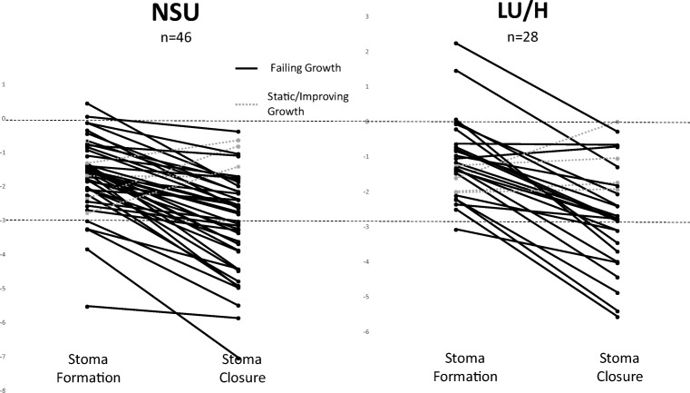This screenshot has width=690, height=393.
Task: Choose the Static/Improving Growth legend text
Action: pos(310,103)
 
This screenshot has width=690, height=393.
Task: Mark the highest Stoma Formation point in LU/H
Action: pos(455,43)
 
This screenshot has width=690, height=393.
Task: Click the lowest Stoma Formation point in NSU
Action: pos(88,307)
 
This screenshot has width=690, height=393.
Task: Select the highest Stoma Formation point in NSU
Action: pos(88,103)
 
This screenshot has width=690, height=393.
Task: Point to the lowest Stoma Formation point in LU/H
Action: pos(455,230)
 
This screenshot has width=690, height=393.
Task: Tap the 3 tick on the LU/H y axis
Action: pos(367,17)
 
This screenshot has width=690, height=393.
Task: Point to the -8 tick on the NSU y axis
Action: pos(5,389)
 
